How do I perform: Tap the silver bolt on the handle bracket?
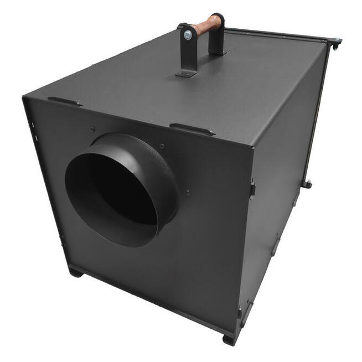pyautogui.click(x=188, y=35)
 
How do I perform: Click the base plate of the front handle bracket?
pyautogui.click(x=186, y=73)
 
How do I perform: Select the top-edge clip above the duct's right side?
pyautogui.click(x=191, y=130)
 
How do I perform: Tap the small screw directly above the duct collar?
pyautogui.click(x=92, y=130)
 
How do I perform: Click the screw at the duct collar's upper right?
pyautogui.click(x=162, y=147)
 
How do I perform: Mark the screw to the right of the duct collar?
pyautogui.click(x=188, y=193)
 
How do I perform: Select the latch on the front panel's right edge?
pyautogui.click(x=252, y=188)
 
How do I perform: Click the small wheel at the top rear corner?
pyautogui.click(x=335, y=42)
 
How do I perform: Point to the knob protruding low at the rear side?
pyautogui.click(x=306, y=184)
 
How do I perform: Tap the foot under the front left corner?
pyautogui.click(x=76, y=273)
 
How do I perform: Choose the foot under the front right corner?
pyautogui.click(x=229, y=339)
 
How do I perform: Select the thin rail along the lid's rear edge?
pyautogui.click(x=277, y=33)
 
